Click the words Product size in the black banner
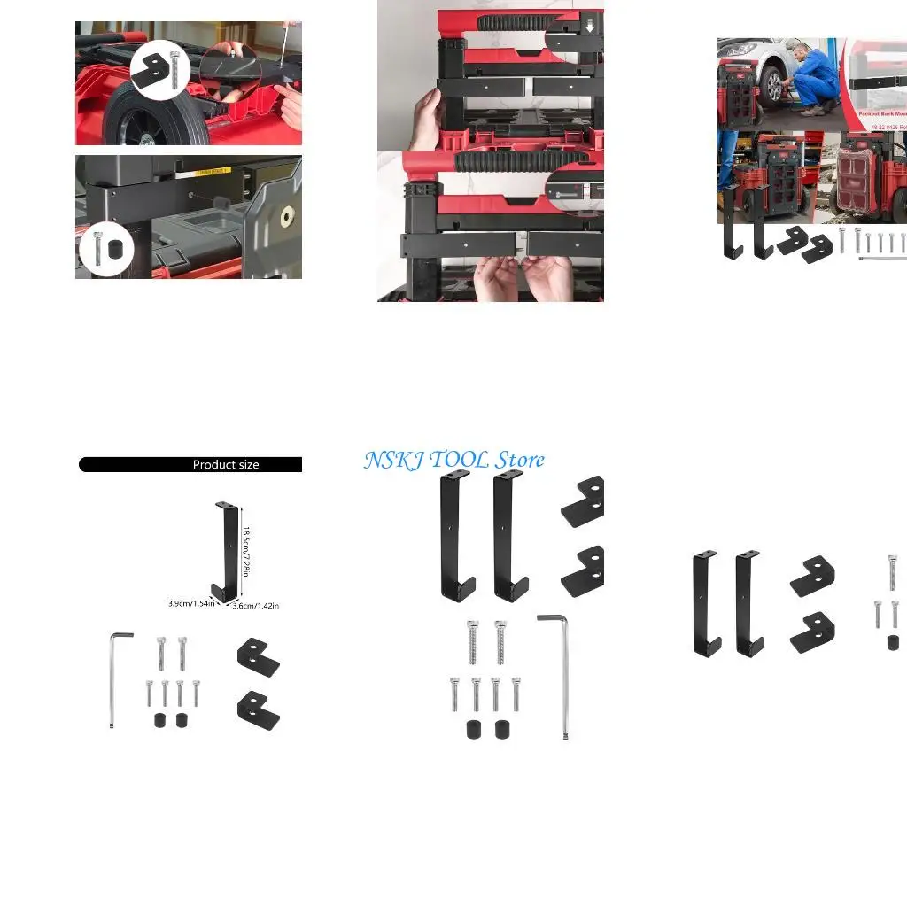pyautogui.click(x=226, y=464)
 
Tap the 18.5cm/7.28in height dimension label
pyautogui.click(x=247, y=551)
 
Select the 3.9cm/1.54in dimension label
pyautogui.click(x=191, y=603)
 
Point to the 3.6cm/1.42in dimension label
pyautogui.click(x=256, y=606)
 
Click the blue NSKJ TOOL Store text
pyautogui.click(x=453, y=460)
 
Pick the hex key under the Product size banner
pyautogui.click(x=115, y=678)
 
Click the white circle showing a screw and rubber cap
pyautogui.click(x=107, y=249)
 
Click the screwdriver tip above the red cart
pyautogui.click(x=279, y=62)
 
